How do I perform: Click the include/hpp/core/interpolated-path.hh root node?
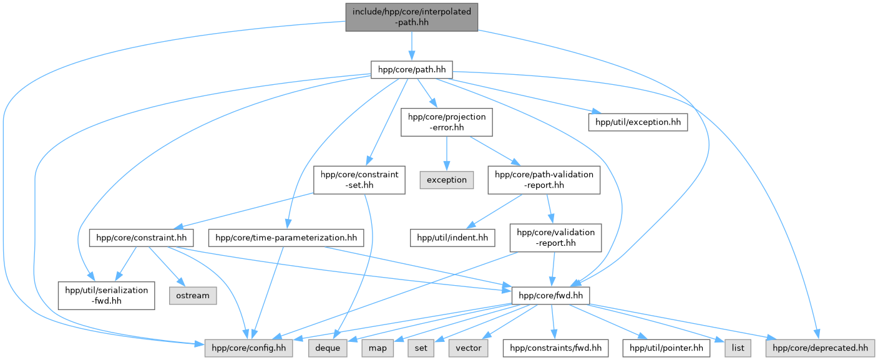[411, 16]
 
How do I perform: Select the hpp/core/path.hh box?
[411, 69]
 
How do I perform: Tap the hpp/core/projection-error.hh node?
[446, 122]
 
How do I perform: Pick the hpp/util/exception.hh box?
[638, 122]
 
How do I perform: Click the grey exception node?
[446, 180]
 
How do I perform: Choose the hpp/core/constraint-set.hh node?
[359, 180]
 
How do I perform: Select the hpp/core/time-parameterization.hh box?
[286, 238]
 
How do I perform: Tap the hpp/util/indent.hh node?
[452, 238]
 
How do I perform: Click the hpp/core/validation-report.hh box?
[552, 238]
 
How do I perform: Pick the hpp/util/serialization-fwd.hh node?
[106, 295]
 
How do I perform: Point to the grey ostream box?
[193, 295]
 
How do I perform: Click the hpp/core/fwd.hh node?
[550, 295]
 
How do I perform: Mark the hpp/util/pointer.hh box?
[666, 348]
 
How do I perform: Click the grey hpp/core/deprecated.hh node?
[820, 348]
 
